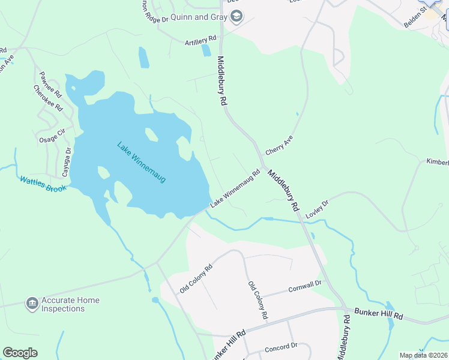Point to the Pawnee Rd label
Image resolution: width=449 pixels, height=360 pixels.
[50, 85]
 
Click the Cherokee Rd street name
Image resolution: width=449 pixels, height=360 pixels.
[48, 99]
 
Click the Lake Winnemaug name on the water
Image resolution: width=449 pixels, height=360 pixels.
[141, 162]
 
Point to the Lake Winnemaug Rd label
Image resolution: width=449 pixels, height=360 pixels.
[235, 189]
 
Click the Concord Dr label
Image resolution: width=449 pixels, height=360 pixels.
[282, 346]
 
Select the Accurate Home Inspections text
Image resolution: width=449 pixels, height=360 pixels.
[70, 304]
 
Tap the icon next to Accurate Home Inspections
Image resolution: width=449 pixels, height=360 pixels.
[32, 304]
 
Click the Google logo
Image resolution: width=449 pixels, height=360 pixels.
[20, 353]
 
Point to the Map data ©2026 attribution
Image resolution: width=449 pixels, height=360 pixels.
[423, 355]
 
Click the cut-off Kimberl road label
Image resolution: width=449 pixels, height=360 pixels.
[437, 162]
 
